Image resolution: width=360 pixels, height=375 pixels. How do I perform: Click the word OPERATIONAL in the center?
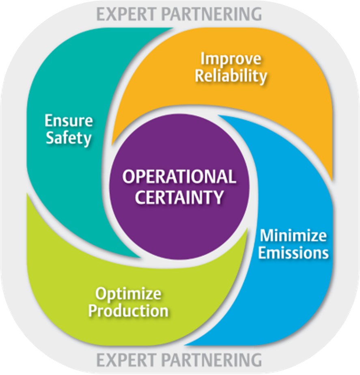pyautogui.click(x=179, y=177)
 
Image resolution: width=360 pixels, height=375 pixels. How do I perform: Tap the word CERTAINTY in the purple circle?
pyautogui.click(x=179, y=197)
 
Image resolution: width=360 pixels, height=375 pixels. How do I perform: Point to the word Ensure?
pyautogui.click(x=69, y=121)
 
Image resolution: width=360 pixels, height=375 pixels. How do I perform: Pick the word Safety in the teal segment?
pyautogui.click(x=69, y=138)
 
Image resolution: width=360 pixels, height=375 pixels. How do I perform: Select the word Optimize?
pyautogui.click(x=128, y=293)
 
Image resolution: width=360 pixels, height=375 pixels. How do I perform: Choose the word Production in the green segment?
pyautogui.click(x=128, y=311)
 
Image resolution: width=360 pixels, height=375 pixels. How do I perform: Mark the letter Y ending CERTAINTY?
pyautogui.click(x=218, y=197)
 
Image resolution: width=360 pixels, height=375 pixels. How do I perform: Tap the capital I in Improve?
pyautogui.click(x=203, y=58)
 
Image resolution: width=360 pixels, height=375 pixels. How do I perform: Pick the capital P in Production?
pyautogui.click(x=93, y=311)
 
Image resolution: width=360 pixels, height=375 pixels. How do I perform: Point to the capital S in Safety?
pyautogui.click(x=50, y=138)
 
